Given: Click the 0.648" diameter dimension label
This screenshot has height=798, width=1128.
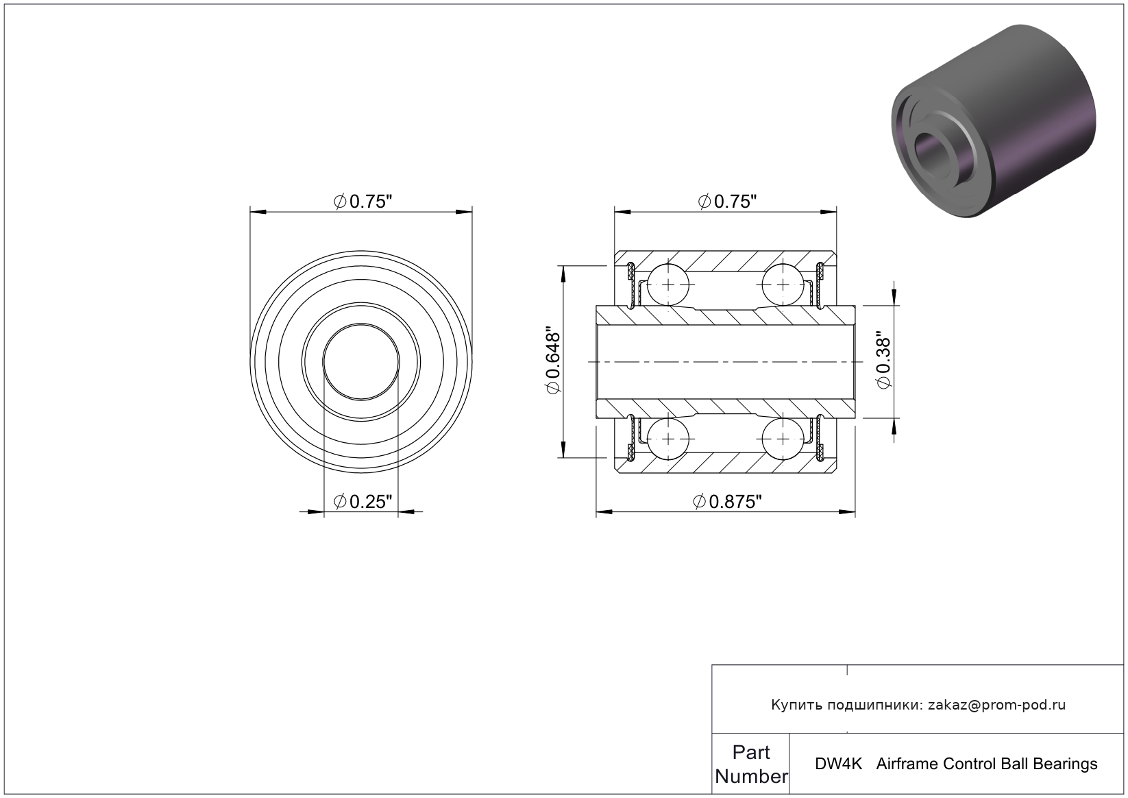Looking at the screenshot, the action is (x=552, y=361).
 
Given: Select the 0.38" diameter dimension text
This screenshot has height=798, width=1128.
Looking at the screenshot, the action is (x=883, y=360).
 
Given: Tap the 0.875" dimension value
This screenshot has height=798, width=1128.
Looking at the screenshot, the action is (x=727, y=502).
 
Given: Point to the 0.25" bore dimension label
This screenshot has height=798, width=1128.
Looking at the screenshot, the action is (x=363, y=502).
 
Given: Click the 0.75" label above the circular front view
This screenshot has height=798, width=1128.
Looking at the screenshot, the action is (x=363, y=202).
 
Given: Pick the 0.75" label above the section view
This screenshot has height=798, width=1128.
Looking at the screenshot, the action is (x=727, y=202).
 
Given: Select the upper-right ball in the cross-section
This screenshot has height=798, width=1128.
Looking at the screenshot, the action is (x=783, y=285).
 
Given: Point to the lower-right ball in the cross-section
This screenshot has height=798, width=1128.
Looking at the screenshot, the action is (x=783, y=439).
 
